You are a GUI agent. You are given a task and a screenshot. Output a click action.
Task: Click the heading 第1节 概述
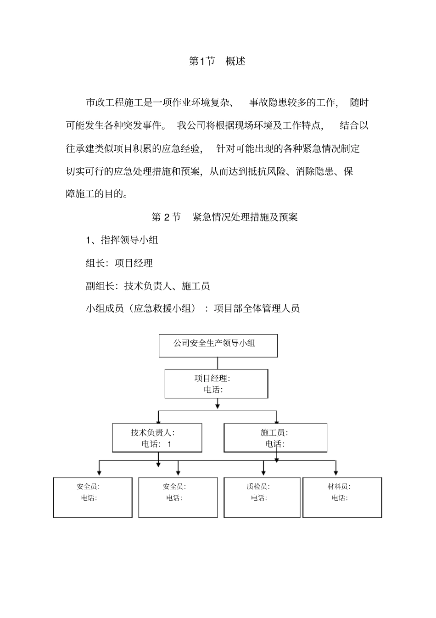pyautogui.click(x=217, y=61)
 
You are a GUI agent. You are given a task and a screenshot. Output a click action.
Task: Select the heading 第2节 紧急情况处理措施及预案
pyautogui.click(x=224, y=217)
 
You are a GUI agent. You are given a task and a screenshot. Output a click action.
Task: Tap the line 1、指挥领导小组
pyautogui.click(x=122, y=240)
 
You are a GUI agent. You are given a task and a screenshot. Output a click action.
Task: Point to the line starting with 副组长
pyautogui.click(x=148, y=286)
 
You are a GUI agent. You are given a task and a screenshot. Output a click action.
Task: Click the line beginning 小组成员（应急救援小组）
pyautogui.click(x=193, y=308)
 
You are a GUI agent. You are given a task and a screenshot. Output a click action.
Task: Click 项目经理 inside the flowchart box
pyautogui.click(x=212, y=378)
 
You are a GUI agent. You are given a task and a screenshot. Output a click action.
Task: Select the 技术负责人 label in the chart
pyautogui.click(x=152, y=432)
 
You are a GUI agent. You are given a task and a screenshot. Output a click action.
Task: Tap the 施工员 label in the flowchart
pyautogui.click(x=274, y=432)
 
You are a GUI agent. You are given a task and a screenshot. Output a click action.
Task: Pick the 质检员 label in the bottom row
pyautogui.click(x=258, y=487)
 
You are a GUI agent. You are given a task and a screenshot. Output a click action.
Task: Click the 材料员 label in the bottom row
pyautogui.click(x=339, y=487)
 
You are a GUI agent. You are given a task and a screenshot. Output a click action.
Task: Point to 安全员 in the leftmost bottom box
pyautogui.click(x=88, y=487)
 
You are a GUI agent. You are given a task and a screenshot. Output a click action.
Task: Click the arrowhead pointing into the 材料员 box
pyautogui.click(x=336, y=473)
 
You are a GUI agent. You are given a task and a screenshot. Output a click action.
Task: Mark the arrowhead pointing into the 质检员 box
pyautogui.click(x=263, y=473)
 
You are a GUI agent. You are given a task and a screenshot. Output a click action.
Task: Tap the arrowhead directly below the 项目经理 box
pyautogui.click(x=218, y=406)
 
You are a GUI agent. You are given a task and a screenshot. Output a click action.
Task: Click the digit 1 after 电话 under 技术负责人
pyautogui.click(x=169, y=444)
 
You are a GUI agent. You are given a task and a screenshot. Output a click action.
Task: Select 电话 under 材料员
pyautogui.click(x=340, y=498)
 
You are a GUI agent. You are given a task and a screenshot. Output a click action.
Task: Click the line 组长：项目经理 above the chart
pyautogui.click(x=119, y=263)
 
